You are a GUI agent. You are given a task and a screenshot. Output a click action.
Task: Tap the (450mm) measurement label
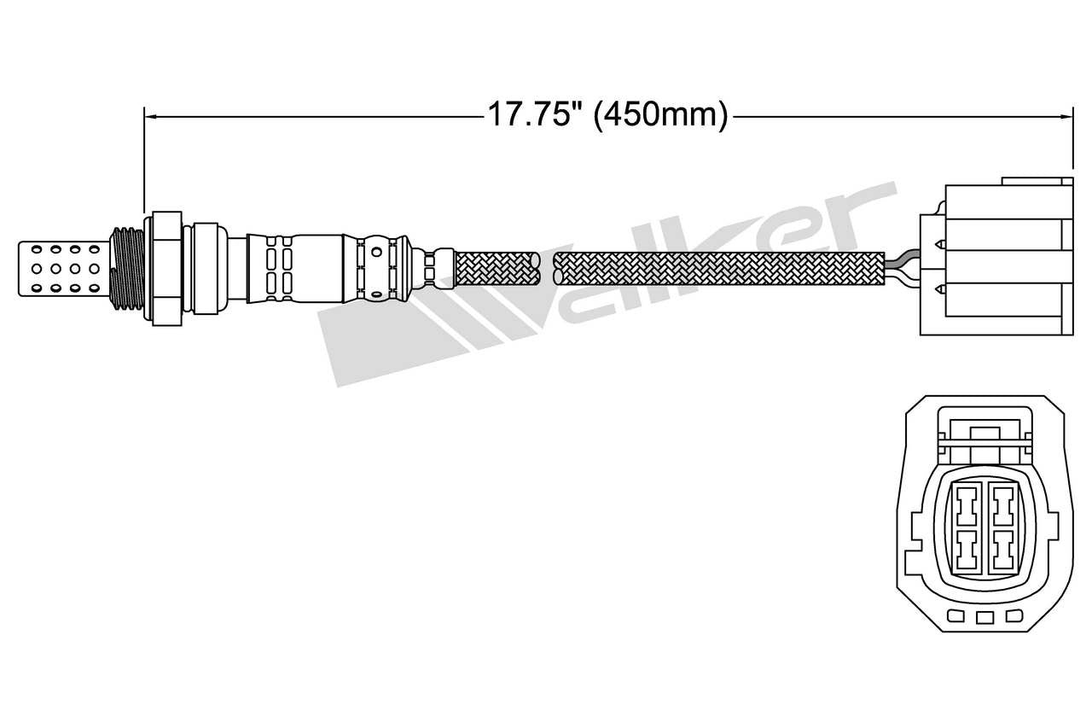(660, 114)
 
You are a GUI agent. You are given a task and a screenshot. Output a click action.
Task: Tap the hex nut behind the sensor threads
(166, 268)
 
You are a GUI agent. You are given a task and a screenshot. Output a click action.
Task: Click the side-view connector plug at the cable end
(994, 261)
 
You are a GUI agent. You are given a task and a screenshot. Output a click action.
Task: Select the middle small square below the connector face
(985, 617)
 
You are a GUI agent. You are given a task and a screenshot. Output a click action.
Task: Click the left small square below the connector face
(956, 616)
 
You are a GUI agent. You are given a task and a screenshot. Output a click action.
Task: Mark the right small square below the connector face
(1014, 616)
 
